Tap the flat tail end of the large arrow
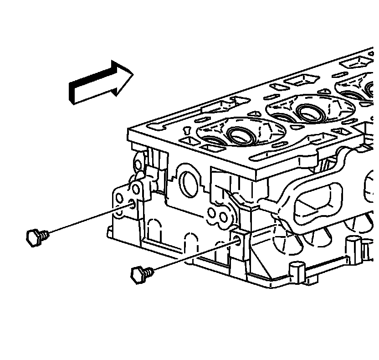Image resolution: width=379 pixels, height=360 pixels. [x=72, y=93]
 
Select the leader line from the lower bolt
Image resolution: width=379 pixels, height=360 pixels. [x=191, y=256]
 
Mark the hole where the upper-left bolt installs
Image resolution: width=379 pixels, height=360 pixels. [x=132, y=204]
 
